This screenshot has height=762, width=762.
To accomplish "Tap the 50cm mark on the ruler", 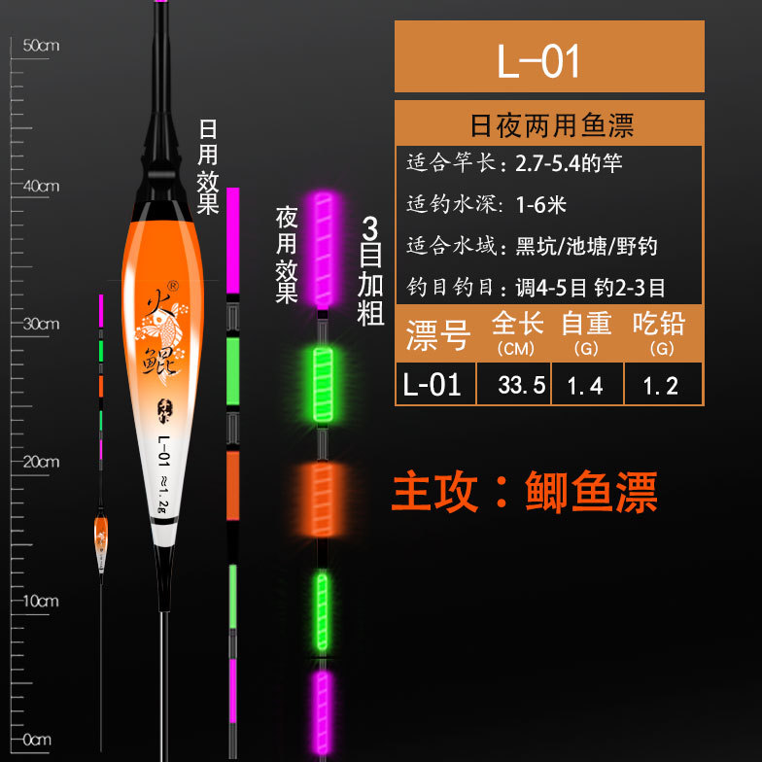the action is point(41,46).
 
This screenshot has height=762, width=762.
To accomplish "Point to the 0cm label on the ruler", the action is point(38,740).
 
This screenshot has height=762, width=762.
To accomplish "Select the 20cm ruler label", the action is point(41,462).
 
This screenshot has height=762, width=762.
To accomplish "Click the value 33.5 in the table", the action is point(514,385).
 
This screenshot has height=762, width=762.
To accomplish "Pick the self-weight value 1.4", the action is point(586,385).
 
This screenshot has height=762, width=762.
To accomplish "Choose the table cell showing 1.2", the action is point(661,385).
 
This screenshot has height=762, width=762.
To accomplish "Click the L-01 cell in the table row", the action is point(433,385).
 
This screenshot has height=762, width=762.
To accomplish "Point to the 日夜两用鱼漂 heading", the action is point(550,125).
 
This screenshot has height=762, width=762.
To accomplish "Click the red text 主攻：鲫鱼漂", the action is point(524,492).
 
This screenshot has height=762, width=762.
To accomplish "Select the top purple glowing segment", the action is point(321,247).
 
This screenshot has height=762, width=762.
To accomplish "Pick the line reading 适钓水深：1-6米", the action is point(486,204).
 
